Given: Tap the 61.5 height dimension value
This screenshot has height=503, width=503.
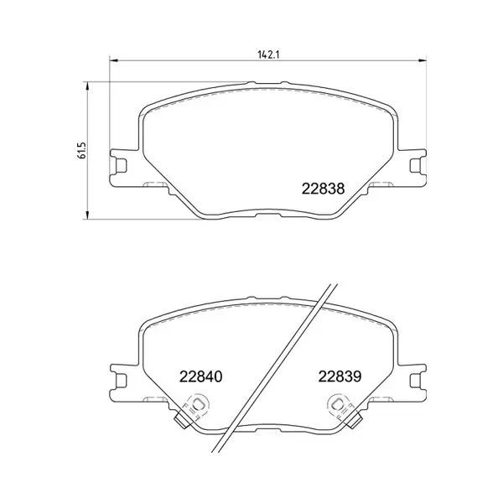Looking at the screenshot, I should pos(80,151).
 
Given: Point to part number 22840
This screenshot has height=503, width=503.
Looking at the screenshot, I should pos(199,377).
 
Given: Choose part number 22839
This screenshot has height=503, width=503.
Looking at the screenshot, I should pos(338,377).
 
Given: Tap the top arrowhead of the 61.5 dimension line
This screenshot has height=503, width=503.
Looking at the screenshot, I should pos(90,85).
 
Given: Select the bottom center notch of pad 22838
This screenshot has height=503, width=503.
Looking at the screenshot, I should pos(267,216).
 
